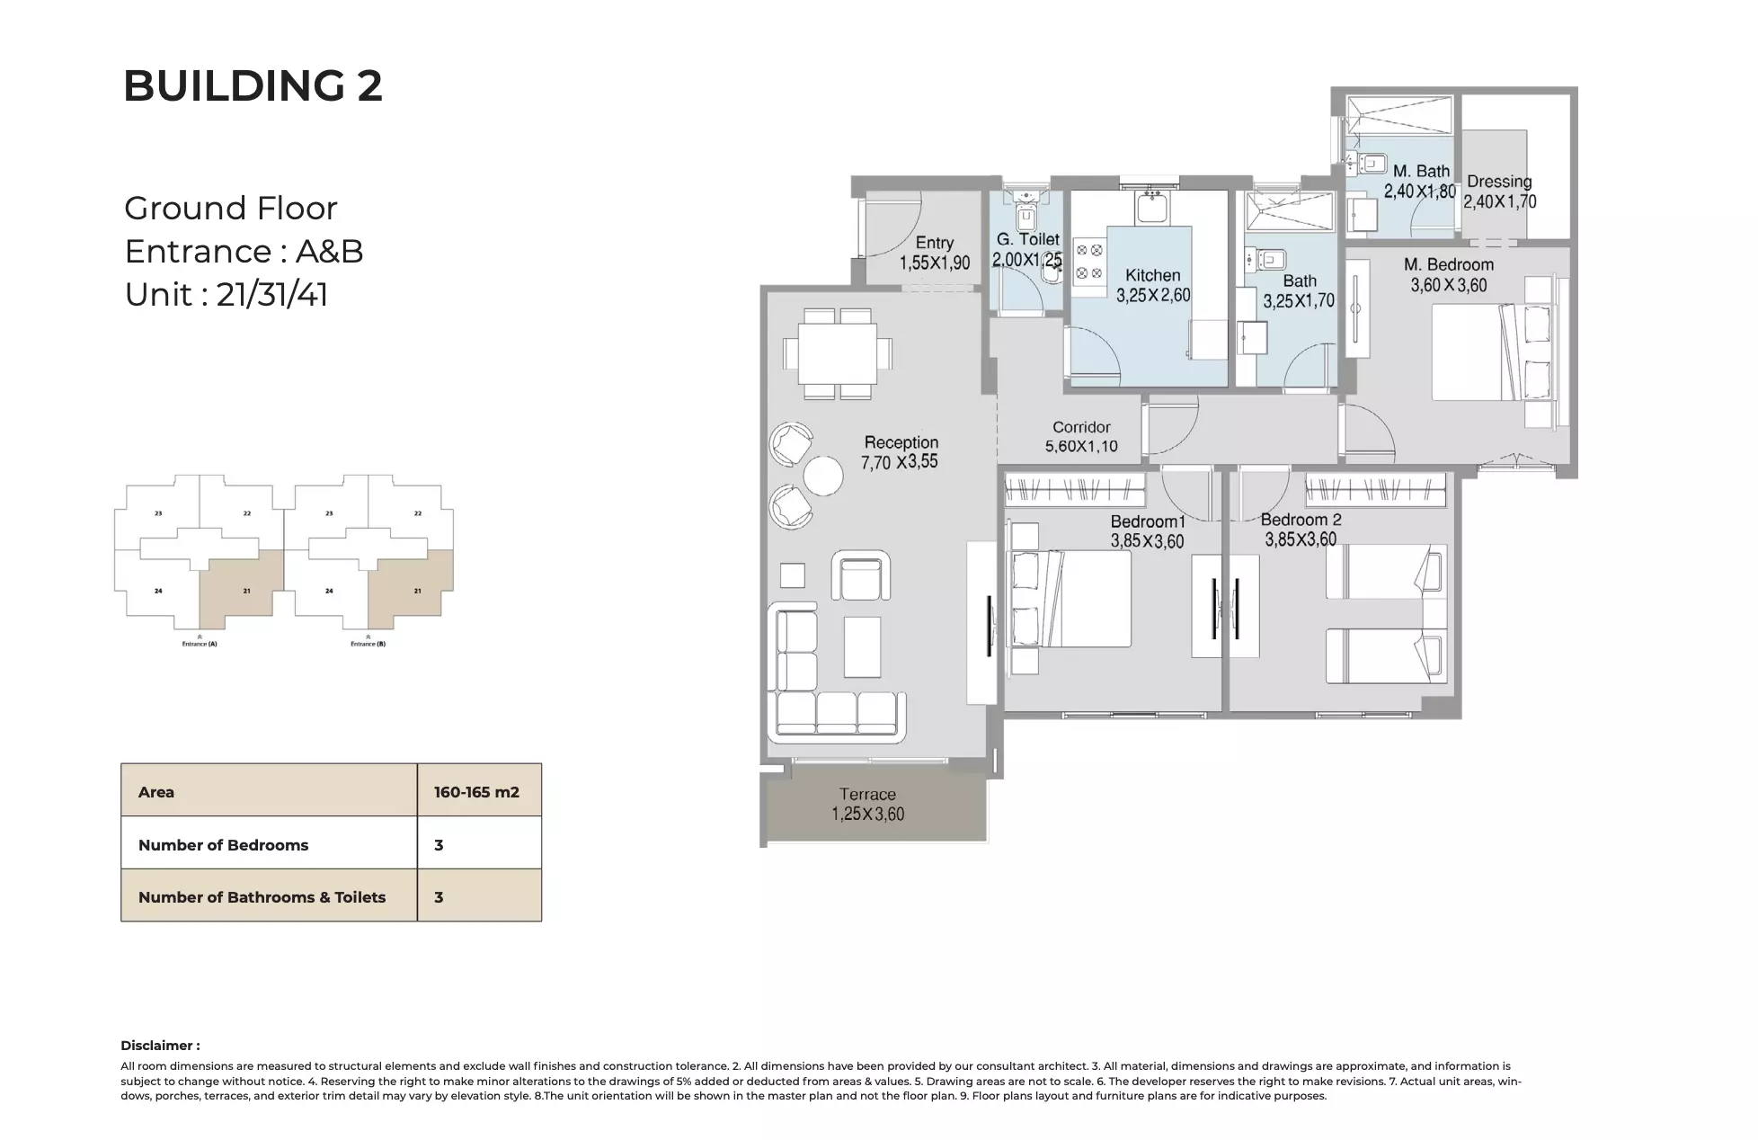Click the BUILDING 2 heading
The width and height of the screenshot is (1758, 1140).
pyautogui.click(x=253, y=86)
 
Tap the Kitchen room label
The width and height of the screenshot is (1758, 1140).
pyautogui.click(x=1152, y=275)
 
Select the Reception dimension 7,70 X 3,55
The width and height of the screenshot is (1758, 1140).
pyautogui.click(x=899, y=462)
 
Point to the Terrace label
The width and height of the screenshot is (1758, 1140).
pyautogui.click(x=867, y=794)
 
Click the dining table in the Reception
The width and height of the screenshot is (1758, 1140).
pyautogui.click(x=838, y=352)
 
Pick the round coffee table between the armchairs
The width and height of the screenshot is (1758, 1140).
pyautogui.click(x=822, y=476)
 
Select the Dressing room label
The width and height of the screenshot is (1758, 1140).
pyautogui.click(x=1499, y=182)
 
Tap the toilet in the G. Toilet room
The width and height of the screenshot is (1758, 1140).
pyautogui.click(x=1025, y=216)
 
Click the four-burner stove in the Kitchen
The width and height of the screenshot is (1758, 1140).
pyautogui.click(x=1089, y=262)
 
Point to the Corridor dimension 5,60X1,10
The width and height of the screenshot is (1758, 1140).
pyautogui.click(x=1081, y=446)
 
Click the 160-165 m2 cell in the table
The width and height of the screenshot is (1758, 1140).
pyautogui.click(x=477, y=792)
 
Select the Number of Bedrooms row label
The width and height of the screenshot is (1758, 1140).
pyautogui.click(x=223, y=845)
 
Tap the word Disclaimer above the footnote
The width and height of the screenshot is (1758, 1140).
pyautogui.click(x=159, y=1045)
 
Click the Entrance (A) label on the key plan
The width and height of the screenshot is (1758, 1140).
pyautogui.click(x=200, y=644)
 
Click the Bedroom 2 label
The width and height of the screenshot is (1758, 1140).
pyautogui.click(x=1301, y=520)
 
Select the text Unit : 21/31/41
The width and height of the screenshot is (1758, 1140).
pyautogui.click(x=226, y=295)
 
